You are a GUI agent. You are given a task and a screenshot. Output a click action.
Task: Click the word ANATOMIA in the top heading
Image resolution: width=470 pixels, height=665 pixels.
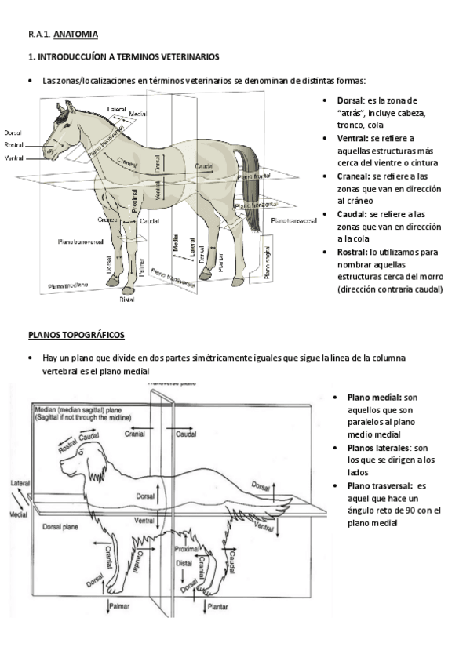(75, 35)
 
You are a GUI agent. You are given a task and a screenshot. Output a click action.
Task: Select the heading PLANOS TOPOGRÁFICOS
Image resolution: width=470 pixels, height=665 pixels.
(76, 335)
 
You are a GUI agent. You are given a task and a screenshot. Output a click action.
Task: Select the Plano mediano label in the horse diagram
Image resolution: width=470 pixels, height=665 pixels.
(68, 285)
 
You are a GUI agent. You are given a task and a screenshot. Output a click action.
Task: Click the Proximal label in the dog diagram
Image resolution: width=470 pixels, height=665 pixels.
(186, 549)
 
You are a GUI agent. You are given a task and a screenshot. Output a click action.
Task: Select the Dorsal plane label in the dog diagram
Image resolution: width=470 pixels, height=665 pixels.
(60, 526)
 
